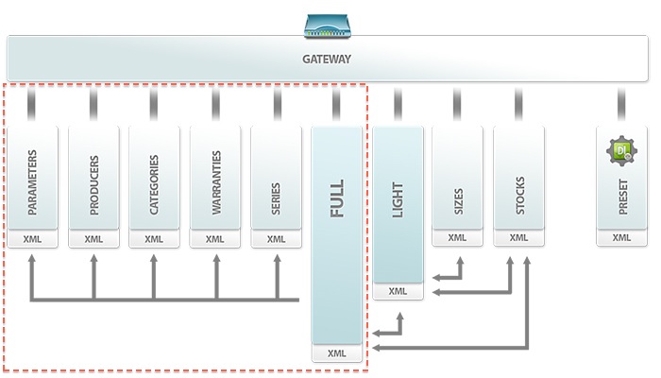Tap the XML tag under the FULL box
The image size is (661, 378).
337,353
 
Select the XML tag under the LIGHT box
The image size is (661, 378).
398,291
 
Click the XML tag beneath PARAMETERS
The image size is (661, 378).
33,239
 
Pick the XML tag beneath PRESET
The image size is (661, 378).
621,238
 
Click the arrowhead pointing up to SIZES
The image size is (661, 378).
459,256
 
